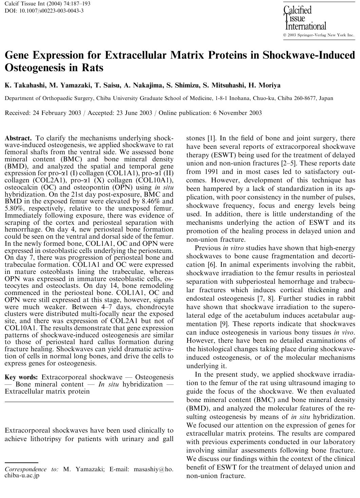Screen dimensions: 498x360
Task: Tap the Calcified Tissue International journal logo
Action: pyautogui.click(x=304, y=19)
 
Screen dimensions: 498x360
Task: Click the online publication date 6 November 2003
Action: pyautogui.click(x=237, y=113)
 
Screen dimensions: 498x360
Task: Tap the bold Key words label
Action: pyautogui.click(x=21, y=377)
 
